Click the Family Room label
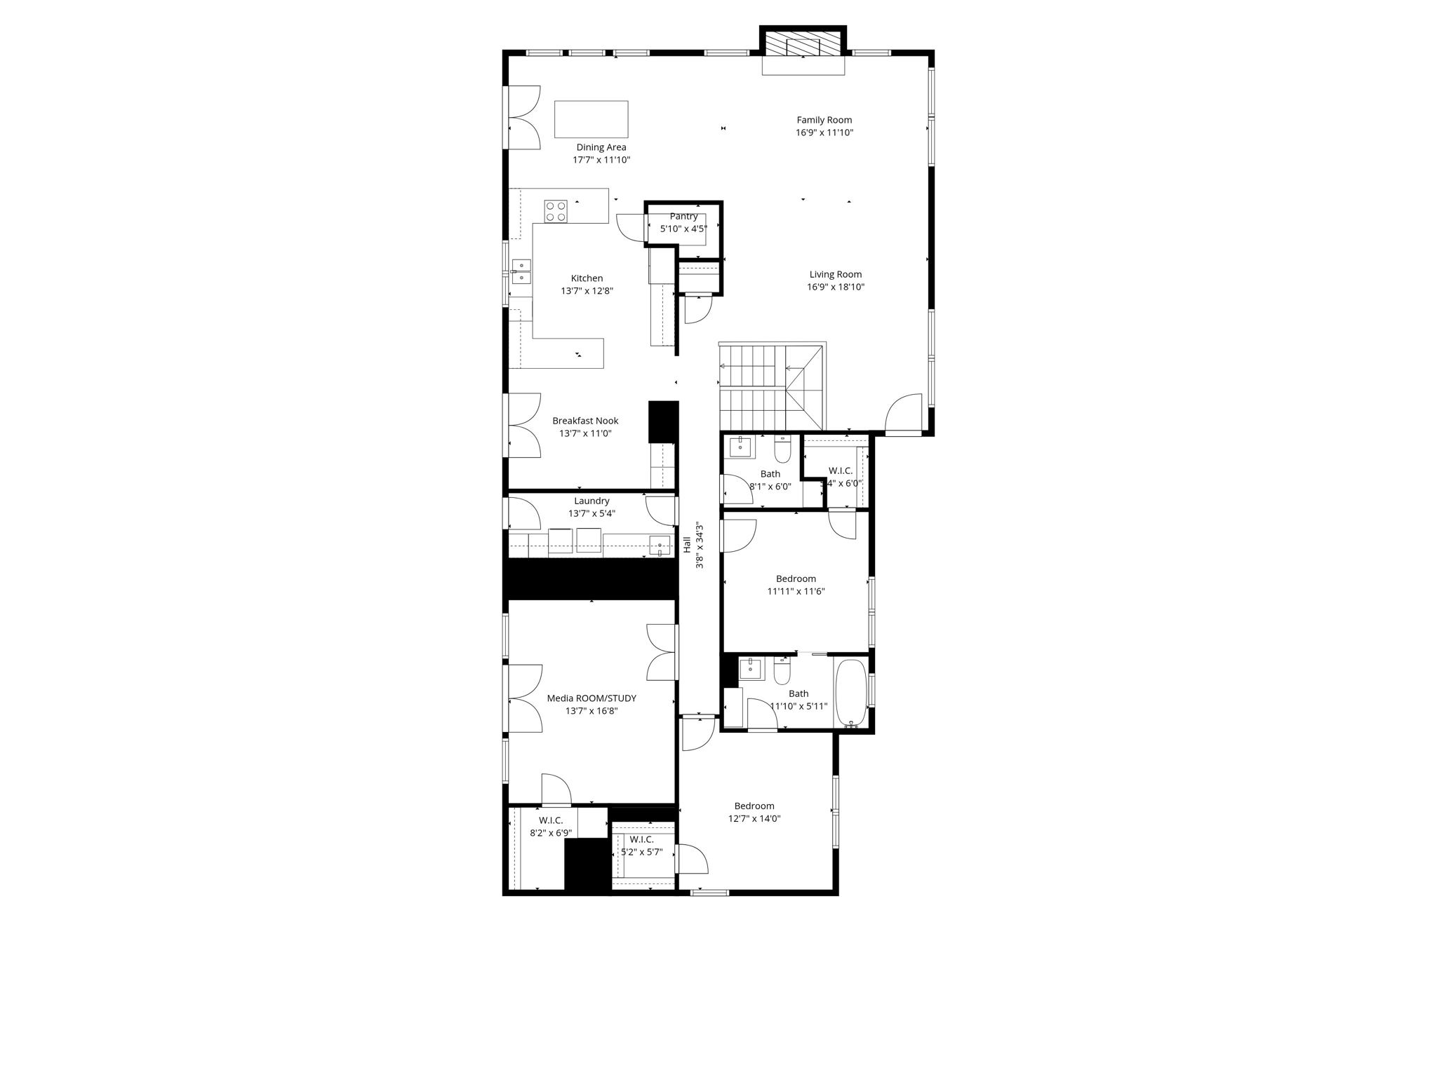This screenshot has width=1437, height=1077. coord(824,120)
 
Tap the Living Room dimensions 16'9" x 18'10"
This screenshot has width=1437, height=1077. coord(835,287)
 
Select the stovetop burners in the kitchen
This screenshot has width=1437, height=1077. coord(556,212)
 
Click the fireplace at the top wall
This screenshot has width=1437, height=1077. coord(803,46)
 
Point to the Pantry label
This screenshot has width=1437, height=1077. coord(683,217)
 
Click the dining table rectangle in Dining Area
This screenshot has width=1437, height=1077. coord(591,119)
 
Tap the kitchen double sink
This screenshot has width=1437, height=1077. coord(521,271)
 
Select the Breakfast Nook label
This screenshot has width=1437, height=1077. coord(585,421)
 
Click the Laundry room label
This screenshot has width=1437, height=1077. coord(591,501)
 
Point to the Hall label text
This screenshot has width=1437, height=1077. coord(687,545)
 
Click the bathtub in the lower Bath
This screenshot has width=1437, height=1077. coord(851,692)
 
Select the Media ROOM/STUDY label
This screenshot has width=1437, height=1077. coord(591,698)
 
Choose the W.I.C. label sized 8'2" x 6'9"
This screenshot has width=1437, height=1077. coord(551,820)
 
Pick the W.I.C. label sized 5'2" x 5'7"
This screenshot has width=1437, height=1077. coord(641,839)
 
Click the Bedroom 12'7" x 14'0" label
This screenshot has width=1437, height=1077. coord(754,806)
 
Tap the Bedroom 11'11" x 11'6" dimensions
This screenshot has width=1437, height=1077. coord(796,591)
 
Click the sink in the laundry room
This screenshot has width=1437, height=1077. coord(659,546)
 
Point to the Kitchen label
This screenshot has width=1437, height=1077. coord(587,278)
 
